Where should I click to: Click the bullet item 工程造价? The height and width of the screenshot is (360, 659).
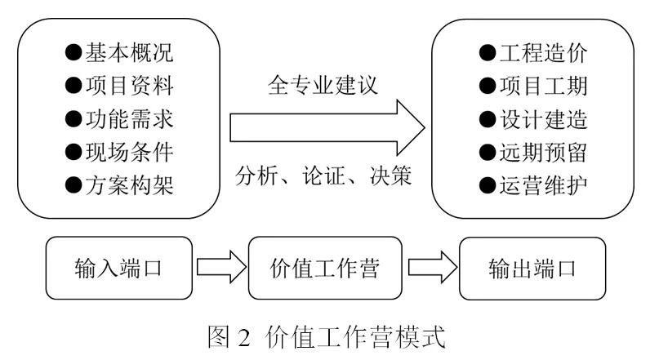click(534, 55)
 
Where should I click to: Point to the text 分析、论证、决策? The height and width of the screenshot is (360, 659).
click(323, 175)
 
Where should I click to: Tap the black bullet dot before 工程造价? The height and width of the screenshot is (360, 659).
click(487, 56)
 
